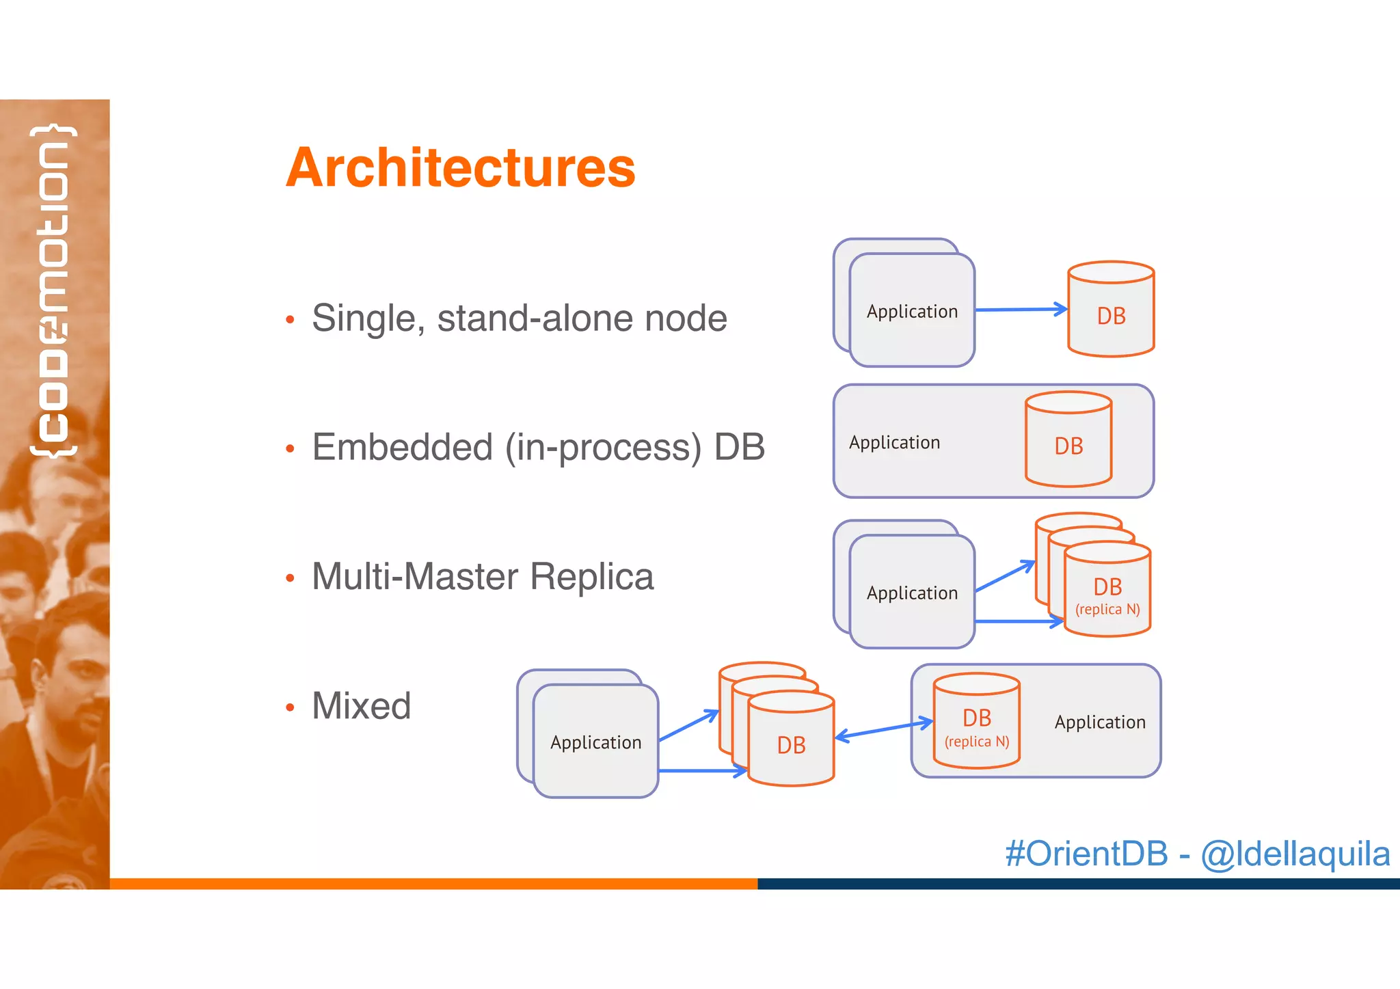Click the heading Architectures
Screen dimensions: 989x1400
pyautogui.click(x=460, y=167)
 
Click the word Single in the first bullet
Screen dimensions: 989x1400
pyautogui.click(x=362, y=319)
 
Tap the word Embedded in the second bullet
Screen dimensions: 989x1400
pyautogui.click(x=402, y=447)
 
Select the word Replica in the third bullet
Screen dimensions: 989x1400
pyautogui.click(x=591, y=576)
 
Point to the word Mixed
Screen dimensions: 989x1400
pyautogui.click(x=361, y=705)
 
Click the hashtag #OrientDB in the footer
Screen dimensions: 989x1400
pyautogui.click(x=1086, y=854)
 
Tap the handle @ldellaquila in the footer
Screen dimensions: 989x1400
pyautogui.click(x=1295, y=854)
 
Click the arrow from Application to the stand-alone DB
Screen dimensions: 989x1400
pyautogui.click(x=1020, y=310)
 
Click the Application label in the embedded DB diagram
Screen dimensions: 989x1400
pyautogui.click(x=894, y=443)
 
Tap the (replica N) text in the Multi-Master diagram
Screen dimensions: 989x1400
pyautogui.click(x=1107, y=609)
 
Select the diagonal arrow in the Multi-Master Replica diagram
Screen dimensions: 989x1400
pyautogui.click(x=1004, y=576)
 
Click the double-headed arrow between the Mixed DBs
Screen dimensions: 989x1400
pyautogui.click(x=883, y=729)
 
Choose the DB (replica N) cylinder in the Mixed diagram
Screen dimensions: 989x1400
pyautogui.click(x=976, y=722)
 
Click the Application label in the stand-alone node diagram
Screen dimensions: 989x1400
pyautogui.click(x=912, y=312)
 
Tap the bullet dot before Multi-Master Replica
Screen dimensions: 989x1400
pyautogui.click(x=290, y=578)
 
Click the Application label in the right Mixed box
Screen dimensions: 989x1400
pyautogui.click(x=1099, y=722)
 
